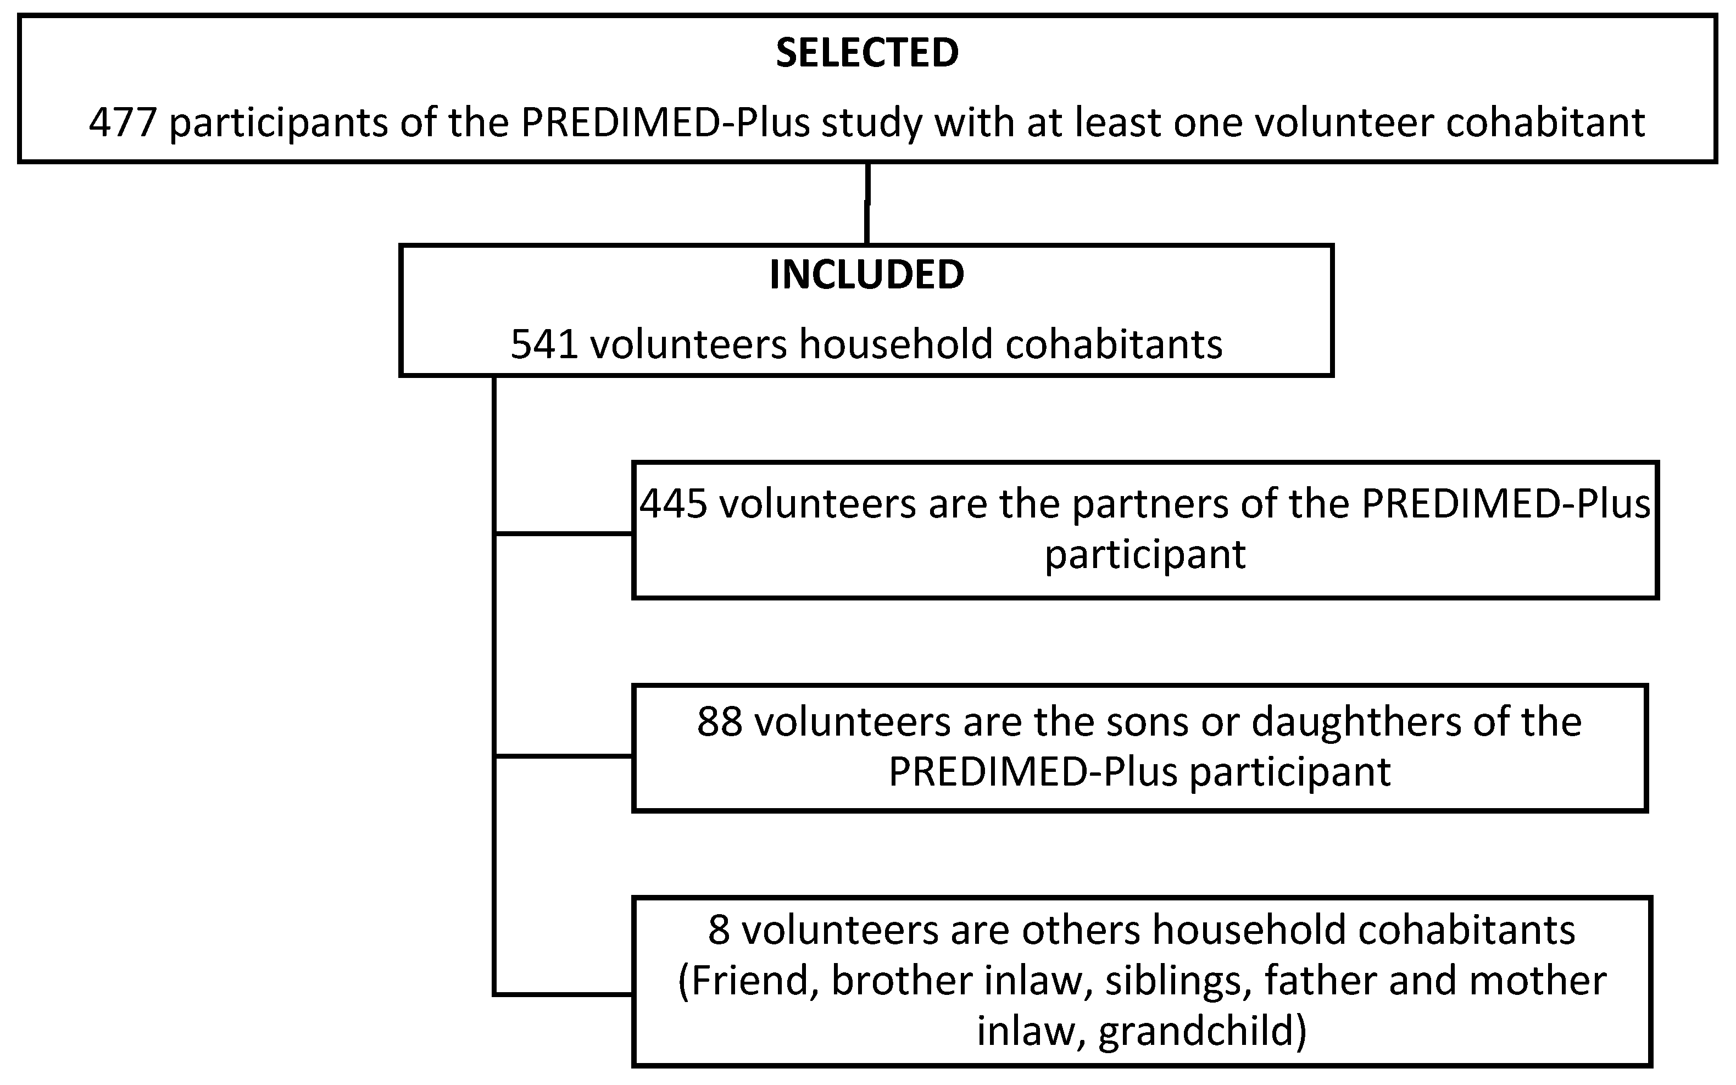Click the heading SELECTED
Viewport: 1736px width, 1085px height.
[x=867, y=54]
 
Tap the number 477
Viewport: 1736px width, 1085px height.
[x=123, y=123]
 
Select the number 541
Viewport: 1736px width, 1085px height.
[x=544, y=344]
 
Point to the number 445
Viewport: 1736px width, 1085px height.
[x=674, y=504]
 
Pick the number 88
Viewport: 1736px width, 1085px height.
[x=720, y=722]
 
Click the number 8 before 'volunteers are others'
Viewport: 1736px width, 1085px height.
[x=719, y=930]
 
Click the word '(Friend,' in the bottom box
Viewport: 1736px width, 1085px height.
[x=749, y=982]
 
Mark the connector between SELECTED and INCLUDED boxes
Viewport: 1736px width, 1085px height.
[x=867, y=204]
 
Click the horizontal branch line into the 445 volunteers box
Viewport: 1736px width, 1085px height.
[x=564, y=534]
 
